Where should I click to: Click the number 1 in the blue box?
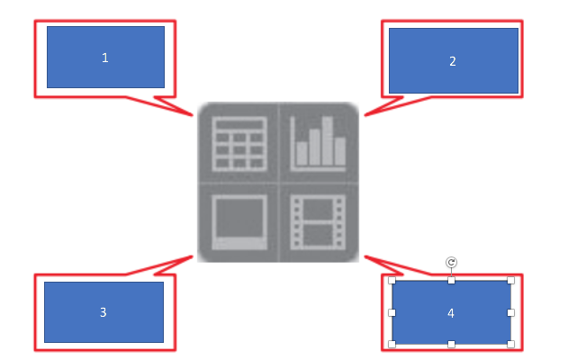(104, 58)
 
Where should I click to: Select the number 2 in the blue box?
(453, 61)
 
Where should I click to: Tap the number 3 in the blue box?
(104, 312)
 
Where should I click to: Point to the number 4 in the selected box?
(451, 313)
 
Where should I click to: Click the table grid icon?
(239, 144)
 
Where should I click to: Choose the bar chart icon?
(319, 144)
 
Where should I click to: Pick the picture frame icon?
(239, 221)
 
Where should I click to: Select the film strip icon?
(319, 221)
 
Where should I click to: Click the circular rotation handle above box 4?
(452, 262)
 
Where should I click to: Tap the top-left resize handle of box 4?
(392, 281)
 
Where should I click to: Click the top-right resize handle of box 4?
(510, 281)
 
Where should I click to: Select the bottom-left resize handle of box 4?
(392, 344)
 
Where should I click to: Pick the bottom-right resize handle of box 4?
(510, 344)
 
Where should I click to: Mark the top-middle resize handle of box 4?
(452, 281)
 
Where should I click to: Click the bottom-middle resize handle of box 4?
(452, 344)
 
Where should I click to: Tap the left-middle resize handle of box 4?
(392, 312)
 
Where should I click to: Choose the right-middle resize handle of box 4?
(510, 312)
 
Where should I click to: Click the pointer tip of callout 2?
(365, 114)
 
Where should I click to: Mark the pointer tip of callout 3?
(194, 256)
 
